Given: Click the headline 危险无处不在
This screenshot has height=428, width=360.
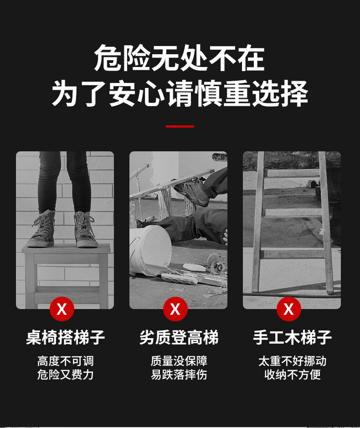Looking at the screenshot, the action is [180, 58].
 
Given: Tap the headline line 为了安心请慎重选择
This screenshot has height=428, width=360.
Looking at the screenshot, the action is [180, 93].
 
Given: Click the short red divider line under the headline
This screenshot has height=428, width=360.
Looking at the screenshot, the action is [180, 126].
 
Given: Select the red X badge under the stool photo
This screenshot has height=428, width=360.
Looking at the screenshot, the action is [62, 309].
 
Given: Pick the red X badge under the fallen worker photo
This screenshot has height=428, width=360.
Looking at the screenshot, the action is [175, 309].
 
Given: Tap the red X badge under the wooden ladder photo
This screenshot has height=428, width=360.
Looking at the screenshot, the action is [289, 309].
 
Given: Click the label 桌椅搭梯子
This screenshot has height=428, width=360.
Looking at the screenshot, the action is [66, 337].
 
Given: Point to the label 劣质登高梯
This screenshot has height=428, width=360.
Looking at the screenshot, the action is [179, 337].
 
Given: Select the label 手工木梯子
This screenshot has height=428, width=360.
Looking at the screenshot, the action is [292, 337].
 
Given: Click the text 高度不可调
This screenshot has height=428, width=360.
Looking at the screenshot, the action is [66, 361].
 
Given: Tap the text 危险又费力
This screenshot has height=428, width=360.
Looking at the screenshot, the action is [66, 375].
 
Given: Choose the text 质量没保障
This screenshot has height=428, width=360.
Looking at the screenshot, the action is [179, 361].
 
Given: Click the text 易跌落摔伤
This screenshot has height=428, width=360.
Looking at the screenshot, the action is [179, 375].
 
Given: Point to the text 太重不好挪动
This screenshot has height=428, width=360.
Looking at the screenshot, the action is [292, 361].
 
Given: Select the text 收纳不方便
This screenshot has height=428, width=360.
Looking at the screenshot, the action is [292, 375].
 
